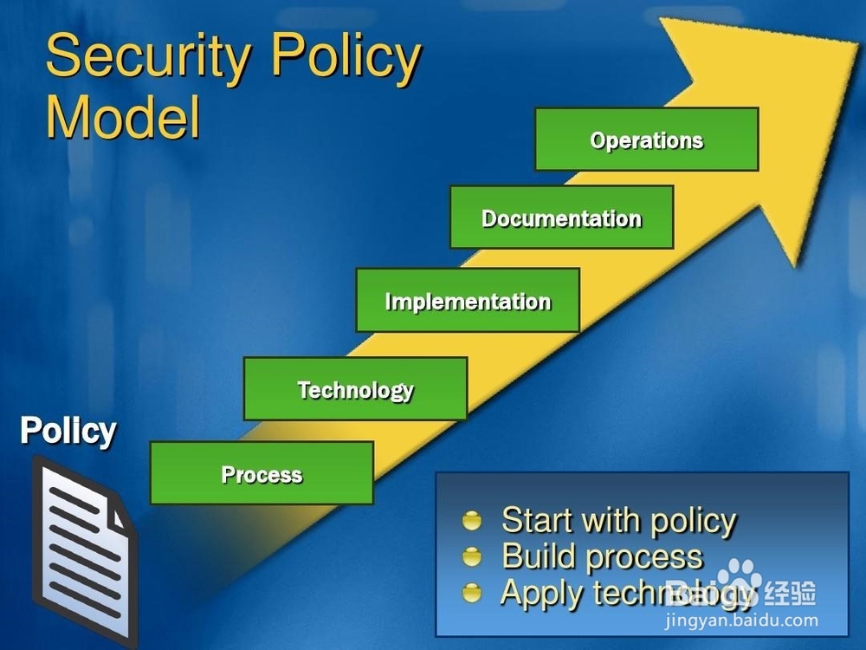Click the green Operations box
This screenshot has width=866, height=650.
pyautogui.click(x=647, y=140)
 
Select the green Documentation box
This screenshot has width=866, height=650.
pyautogui.click(x=562, y=218)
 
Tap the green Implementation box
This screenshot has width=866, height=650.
pyautogui.click(x=468, y=300)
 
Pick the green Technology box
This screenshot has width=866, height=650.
pyautogui.click(x=356, y=388)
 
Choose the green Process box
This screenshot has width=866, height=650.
pyautogui.click(x=262, y=473)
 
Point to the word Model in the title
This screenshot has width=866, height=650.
pyautogui.click(x=123, y=117)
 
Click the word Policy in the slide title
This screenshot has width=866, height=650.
pyautogui.click(x=347, y=58)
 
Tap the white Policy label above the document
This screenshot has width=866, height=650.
pyautogui.click(x=68, y=431)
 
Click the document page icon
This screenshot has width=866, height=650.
pyautogui.click(x=85, y=550)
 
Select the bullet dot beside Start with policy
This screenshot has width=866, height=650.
pyautogui.click(x=472, y=521)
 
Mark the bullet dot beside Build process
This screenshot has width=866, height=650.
pyautogui.click(x=472, y=556)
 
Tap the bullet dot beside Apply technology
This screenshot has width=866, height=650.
pyautogui.click(x=472, y=593)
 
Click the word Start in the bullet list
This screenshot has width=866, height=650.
pyautogui.click(x=538, y=520)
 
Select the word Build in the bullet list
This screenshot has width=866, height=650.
pyautogui.click(x=540, y=556)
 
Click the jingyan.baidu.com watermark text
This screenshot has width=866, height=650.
pyautogui.click(x=742, y=621)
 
